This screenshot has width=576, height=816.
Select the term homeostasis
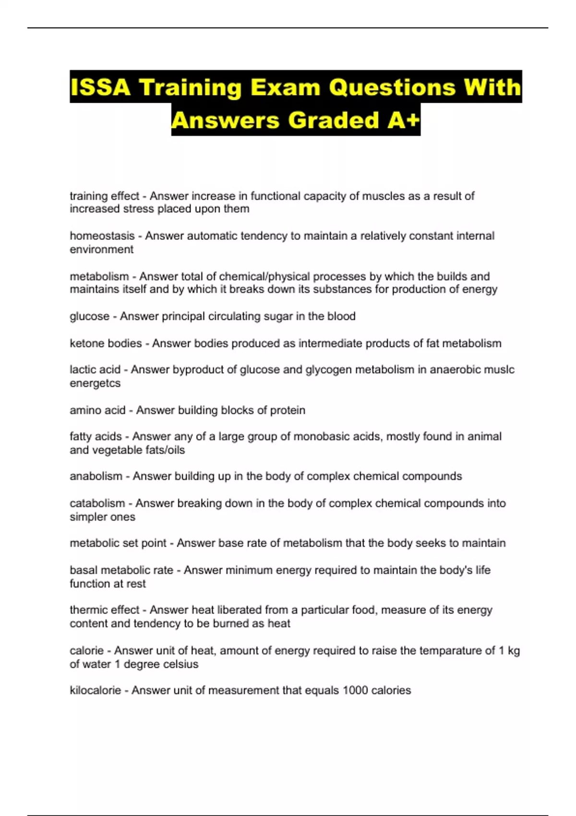point(102,236)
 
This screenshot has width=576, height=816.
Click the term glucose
point(90,316)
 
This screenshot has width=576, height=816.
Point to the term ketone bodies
point(106,344)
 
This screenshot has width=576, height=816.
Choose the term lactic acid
point(95,370)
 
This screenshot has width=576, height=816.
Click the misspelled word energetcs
point(95,383)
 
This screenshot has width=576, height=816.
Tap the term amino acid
point(97,410)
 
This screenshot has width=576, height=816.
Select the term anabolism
point(96,476)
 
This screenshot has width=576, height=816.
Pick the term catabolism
point(97,504)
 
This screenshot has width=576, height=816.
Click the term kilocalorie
point(96,690)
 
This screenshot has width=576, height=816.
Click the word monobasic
point(320,436)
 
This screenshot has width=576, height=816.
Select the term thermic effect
point(104,610)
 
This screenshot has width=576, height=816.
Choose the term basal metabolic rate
point(121,570)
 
